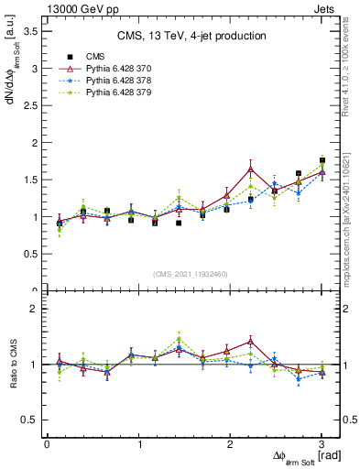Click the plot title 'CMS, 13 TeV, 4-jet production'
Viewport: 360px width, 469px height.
point(191,36)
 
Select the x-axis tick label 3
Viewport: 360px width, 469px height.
point(322,444)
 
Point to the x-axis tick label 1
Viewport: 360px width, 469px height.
point(138,444)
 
